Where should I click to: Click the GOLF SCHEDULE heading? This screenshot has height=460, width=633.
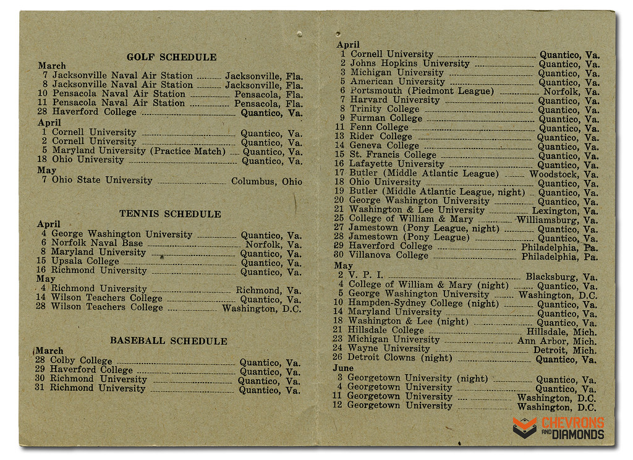[171, 57]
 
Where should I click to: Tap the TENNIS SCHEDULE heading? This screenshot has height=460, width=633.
[170, 215]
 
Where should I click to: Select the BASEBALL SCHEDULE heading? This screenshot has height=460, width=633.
[168, 341]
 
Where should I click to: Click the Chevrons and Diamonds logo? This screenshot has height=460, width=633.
[558, 428]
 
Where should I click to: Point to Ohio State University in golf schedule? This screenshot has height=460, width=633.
[102, 181]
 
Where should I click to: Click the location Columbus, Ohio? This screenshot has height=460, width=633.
[266, 182]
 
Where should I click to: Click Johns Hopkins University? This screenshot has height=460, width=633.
[410, 63]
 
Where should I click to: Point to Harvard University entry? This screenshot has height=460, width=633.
[395, 100]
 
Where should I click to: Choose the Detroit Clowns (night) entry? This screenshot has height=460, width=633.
[400, 357]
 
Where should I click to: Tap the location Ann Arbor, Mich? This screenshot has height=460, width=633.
[557, 341]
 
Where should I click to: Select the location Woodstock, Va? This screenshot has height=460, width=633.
[564, 174]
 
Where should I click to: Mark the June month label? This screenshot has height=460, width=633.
[343, 368]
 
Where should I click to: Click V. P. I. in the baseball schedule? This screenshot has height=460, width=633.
[366, 275]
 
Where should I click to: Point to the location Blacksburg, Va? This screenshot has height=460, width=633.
[561, 277]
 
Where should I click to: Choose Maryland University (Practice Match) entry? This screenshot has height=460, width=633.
[138, 151]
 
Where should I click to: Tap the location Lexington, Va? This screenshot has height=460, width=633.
[565, 211]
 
